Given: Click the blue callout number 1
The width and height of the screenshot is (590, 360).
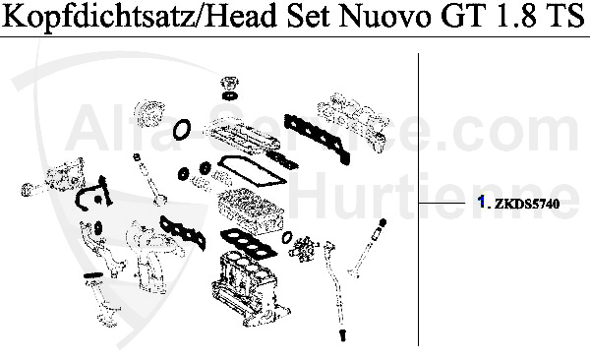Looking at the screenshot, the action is click(480, 203).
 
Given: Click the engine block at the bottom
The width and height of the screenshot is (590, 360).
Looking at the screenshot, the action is click(246, 285).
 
